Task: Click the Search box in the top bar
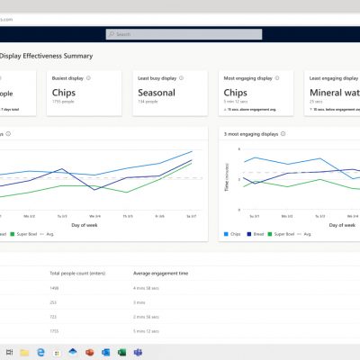[180, 34]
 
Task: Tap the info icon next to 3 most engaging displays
[283, 134]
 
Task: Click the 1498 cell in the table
[55, 288]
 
